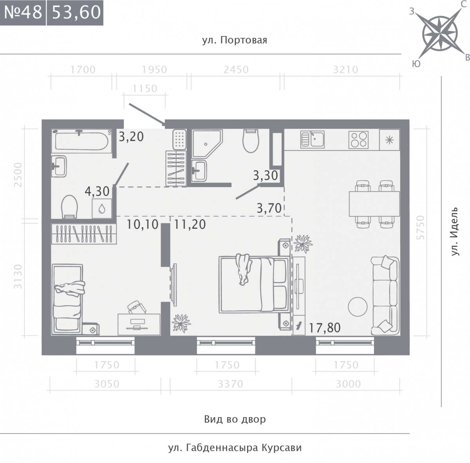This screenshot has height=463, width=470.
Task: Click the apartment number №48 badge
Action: point(23,13)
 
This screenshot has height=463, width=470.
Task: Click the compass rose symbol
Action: point(440,34)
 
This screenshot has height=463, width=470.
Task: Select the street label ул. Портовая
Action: point(235,40)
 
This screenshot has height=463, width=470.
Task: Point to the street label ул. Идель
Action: point(454,231)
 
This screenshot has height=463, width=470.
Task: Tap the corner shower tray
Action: point(207,144)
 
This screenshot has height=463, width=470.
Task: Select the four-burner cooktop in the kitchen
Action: point(358,140)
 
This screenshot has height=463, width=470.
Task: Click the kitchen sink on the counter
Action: point(313,139)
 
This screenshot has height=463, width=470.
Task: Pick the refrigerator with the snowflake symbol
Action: point(389,140)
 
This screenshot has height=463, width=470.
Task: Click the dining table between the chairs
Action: point(374,204)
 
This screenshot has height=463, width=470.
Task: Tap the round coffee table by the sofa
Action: point(358,307)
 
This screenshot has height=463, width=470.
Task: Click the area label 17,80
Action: point(325,327)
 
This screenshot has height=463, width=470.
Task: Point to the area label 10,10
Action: point(143,224)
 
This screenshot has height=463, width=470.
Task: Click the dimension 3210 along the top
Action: point(345,70)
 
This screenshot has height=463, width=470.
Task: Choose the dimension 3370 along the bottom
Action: point(230,384)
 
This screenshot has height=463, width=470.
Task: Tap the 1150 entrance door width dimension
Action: point(145,89)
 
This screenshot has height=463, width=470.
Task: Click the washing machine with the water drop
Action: point(102,208)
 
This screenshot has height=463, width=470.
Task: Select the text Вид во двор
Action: point(235,419)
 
